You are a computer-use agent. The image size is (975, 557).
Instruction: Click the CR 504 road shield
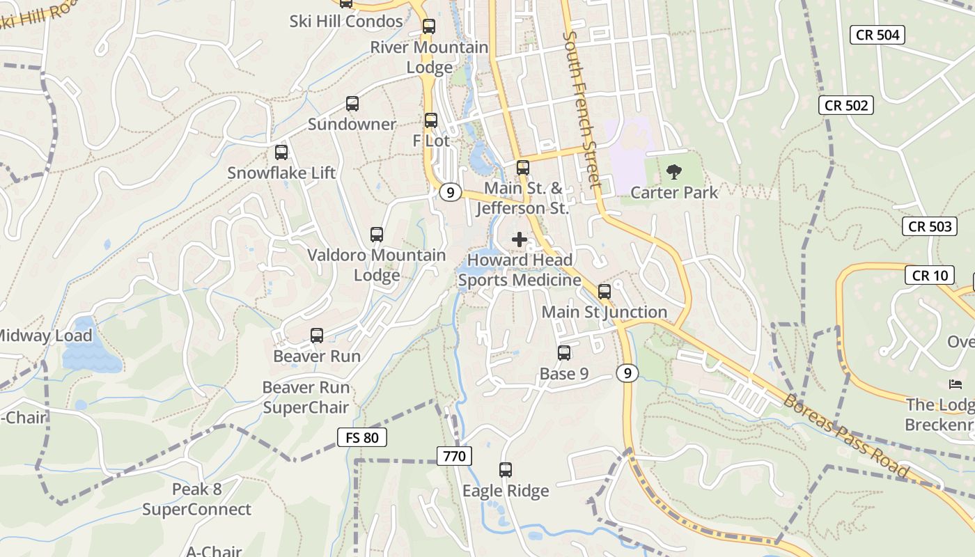pyautogui.click(x=877, y=35)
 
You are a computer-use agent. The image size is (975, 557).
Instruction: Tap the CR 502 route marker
pyautogui.click(x=845, y=105)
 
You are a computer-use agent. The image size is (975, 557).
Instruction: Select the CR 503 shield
pyautogui.click(x=930, y=226)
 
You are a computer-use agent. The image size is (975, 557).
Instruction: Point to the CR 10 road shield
pyautogui.click(x=930, y=275)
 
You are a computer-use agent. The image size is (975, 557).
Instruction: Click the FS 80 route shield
pyautogui.click(x=361, y=437)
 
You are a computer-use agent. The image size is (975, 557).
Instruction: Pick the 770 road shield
pyautogui.click(x=455, y=457)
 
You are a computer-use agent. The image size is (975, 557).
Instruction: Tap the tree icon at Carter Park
pyautogui.click(x=673, y=171)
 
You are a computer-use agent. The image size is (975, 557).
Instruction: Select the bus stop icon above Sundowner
pyautogui.click(x=352, y=104)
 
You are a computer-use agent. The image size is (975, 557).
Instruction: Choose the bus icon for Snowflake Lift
pyautogui.click(x=281, y=152)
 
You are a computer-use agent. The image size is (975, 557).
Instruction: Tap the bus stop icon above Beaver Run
pyautogui.click(x=317, y=336)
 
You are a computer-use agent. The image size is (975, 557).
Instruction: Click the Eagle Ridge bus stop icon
pyautogui.click(x=506, y=470)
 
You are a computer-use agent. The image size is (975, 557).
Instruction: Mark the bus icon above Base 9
pyautogui.click(x=564, y=353)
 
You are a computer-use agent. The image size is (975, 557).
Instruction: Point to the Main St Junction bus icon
pyautogui.click(x=604, y=291)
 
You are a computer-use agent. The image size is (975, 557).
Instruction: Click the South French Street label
pyautogui.click(x=582, y=109)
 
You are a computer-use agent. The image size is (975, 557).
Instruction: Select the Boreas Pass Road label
pyautogui.click(x=845, y=436)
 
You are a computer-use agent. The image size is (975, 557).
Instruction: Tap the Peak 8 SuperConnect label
pyautogui.click(x=197, y=499)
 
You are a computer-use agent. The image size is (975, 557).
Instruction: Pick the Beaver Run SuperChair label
pyautogui.click(x=306, y=397)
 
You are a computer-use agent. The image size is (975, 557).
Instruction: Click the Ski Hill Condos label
pyautogui.click(x=346, y=21)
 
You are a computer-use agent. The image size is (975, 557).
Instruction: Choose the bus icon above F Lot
pyautogui.click(x=431, y=120)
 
